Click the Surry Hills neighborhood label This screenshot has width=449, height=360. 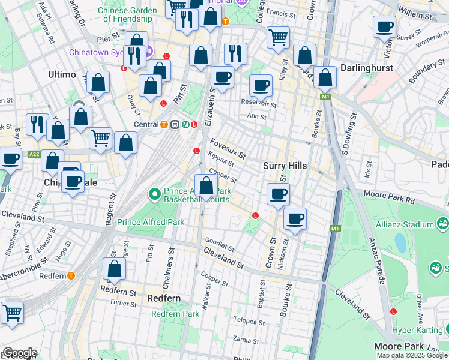(285, 166)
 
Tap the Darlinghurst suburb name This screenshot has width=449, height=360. (367, 68)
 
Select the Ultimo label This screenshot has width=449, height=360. (62, 74)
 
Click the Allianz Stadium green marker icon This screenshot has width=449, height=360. (443, 224)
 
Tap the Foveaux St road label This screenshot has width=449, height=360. (228, 149)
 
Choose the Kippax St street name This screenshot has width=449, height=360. (221, 161)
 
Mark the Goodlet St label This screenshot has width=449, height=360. (219, 245)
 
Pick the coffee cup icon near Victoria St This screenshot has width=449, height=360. (384, 27)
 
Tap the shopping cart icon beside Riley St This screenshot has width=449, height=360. (278, 37)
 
